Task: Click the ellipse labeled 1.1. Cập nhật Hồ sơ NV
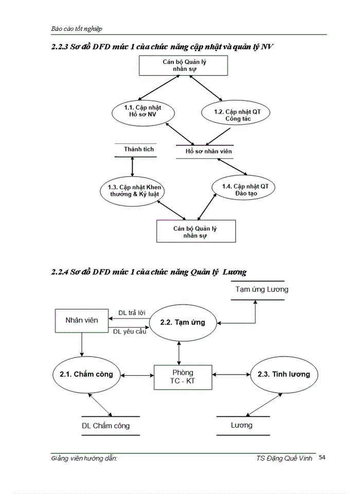(x=142, y=111)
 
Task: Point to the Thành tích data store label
(x=138, y=149)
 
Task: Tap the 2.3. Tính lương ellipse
(x=284, y=374)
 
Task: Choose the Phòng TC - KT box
(x=183, y=377)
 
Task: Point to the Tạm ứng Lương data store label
(x=262, y=289)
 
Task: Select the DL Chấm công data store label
(x=106, y=426)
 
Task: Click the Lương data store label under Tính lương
(x=241, y=425)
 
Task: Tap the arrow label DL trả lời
(x=132, y=313)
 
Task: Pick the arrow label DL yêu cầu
(x=129, y=331)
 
